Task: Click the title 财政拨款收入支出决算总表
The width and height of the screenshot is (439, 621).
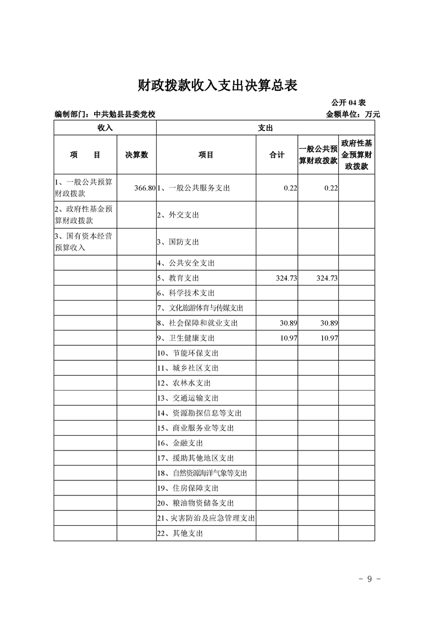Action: tap(218, 85)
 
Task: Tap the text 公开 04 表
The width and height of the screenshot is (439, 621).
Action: tap(348, 103)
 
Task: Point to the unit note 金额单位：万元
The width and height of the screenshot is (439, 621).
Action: tap(353, 115)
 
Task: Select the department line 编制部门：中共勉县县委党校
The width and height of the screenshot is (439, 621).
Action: tap(105, 115)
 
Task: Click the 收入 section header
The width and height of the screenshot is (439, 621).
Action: tap(105, 127)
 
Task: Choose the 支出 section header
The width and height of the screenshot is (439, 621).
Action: tap(265, 127)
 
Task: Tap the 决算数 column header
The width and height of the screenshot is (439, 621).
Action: tap(137, 155)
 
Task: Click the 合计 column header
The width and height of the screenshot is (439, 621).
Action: tap(277, 155)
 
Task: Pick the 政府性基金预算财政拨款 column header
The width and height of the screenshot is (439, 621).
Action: tap(357, 155)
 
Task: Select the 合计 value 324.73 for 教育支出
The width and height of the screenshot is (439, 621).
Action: tap(286, 278)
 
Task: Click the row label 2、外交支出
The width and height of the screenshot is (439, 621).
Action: tap(178, 215)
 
